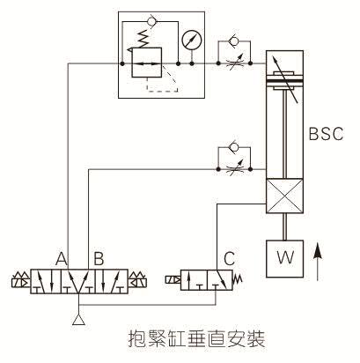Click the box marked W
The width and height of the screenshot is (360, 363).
[283, 259]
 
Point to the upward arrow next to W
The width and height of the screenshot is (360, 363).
[319, 262]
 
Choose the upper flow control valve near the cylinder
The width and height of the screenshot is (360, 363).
[233, 63]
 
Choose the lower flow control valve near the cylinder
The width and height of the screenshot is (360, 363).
[233, 163]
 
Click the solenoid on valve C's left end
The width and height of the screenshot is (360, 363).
[168, 283]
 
